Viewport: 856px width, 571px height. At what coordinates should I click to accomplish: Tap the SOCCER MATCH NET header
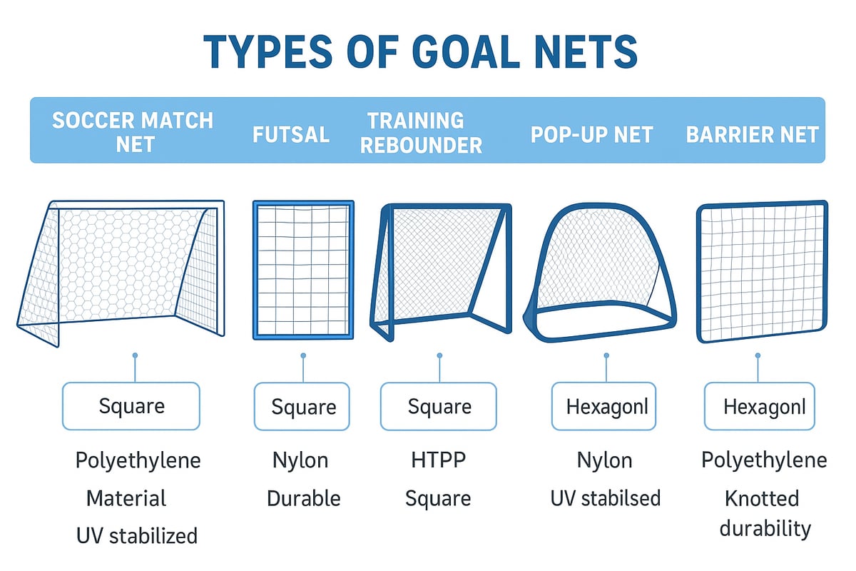[133, 131]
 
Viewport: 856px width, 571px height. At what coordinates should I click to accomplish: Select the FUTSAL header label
[291, 134]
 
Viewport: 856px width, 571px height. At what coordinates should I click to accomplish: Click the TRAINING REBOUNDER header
[421, 132]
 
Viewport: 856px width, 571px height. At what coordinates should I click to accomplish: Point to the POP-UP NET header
[592, 134]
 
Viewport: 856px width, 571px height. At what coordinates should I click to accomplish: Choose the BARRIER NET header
[753, 134]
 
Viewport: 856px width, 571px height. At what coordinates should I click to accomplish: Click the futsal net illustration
[303, 270]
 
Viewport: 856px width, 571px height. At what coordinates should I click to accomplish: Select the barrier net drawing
[762, 271]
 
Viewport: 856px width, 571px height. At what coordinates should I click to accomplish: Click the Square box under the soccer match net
[131, 406]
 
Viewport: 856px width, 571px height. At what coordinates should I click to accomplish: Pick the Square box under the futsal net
[302, 407]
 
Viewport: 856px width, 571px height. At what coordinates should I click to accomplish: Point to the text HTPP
[438, 460]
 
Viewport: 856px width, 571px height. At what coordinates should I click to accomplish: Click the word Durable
[303, 497]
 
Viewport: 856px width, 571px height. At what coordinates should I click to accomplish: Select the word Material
[126, 497]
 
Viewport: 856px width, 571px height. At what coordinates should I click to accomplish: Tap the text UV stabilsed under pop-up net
[605, 497]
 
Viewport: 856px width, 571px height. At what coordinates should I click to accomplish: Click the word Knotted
[762, 497]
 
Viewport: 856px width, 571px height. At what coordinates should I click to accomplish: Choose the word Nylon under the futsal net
[300, 460]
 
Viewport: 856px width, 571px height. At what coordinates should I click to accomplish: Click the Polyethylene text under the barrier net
[764, 460]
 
